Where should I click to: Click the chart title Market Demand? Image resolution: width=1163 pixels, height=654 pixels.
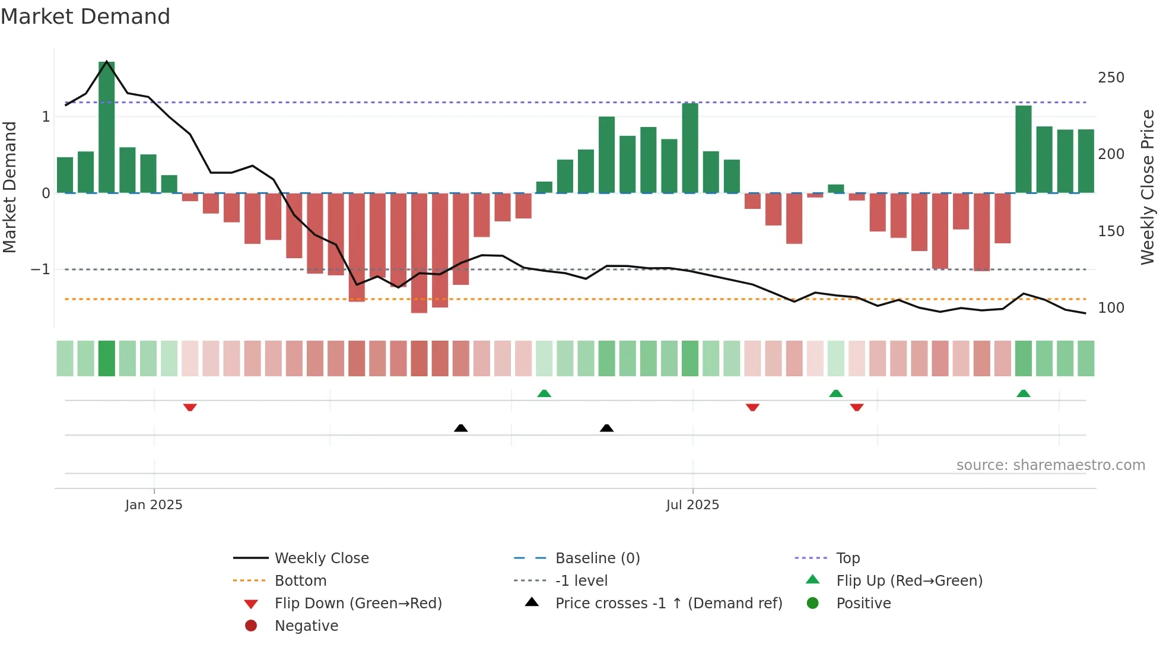[85, 17]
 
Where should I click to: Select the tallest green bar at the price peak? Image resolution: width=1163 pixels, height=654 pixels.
[107, 128]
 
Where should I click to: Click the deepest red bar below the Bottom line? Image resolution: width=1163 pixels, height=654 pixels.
[419, 253]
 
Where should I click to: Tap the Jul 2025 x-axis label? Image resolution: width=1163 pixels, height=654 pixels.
[692, 505]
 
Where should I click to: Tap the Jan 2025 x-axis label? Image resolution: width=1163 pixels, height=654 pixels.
[154, 505]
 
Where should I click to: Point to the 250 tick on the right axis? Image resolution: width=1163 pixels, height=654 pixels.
[1111, 78]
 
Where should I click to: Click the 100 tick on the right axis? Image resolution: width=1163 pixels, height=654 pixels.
[1111, 308]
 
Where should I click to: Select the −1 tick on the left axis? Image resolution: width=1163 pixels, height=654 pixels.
[40, 269]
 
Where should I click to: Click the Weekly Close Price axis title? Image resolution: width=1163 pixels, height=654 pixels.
[1148, 187]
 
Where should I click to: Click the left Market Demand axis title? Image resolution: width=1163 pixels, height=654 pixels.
[10, 187]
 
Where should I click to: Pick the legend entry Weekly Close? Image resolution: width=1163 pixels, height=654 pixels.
[321, 558]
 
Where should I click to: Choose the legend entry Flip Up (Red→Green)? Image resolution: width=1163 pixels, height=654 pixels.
[909, 581]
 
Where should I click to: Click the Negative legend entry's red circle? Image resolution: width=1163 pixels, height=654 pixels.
[251, 626]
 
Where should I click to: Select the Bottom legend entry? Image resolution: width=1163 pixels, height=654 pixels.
[300, 581]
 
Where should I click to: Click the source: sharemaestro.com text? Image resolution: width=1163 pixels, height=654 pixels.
[1050, 465]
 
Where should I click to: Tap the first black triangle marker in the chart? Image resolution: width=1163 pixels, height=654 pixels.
[461, 428]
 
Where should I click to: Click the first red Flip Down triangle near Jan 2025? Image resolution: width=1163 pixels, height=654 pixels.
[190, 407]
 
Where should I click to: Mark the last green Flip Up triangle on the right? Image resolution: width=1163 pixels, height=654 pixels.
[1023, 393]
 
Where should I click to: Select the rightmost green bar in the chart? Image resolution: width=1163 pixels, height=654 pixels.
[1086, 161]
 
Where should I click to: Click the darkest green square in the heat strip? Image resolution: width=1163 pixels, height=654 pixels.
[107, 358]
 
